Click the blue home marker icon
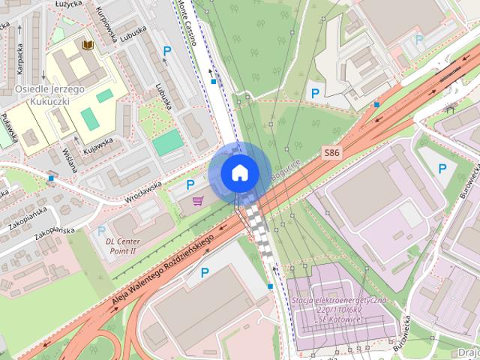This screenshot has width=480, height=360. (238, 172)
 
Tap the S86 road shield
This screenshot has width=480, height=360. (332, 153)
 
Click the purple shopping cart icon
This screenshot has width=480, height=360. (198, 200)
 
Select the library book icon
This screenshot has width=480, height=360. (88, 46)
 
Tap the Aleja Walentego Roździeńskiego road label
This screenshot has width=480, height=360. (163, 268)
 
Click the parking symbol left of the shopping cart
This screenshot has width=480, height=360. (190, 184)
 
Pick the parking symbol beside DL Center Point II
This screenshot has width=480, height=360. (101, 231)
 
